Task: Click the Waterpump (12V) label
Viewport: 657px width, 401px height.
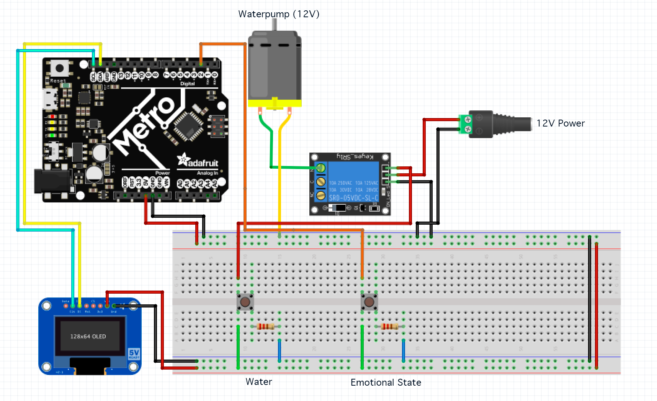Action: (x=279, y=14)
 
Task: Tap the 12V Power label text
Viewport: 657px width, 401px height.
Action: (x=561, y=123)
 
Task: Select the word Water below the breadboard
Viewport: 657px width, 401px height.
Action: (x=259, y=381)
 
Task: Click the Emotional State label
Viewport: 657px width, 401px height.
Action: (x=386, y=382)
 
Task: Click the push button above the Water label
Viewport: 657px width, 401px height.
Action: (x=245, y=302)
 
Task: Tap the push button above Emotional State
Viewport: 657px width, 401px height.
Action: (x=369, y=302)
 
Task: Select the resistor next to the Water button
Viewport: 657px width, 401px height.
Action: (x=265, y=327)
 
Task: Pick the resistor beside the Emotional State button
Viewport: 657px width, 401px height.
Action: (x=389, y=327)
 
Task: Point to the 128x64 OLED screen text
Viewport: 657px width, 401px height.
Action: (x=88, y=336)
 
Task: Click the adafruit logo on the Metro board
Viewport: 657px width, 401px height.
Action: (x=198, y=161)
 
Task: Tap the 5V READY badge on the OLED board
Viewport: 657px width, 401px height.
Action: (x=134, y=353)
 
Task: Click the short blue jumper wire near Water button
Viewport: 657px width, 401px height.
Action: (x=279, y=350)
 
